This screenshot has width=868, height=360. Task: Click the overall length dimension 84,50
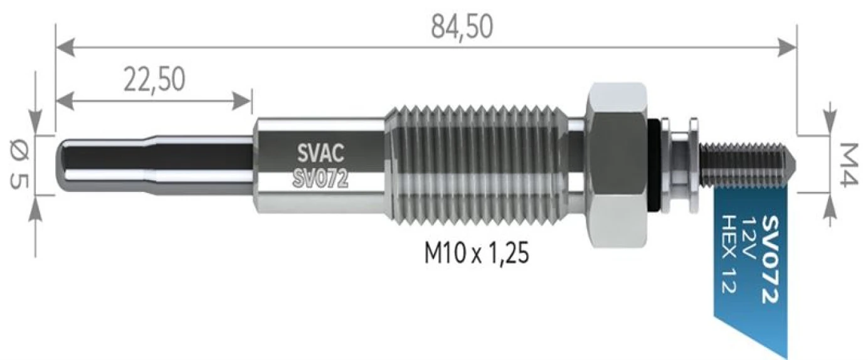[x=462, y=26]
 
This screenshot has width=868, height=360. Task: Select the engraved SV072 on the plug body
[x=320, y=178]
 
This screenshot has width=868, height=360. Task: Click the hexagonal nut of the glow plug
[x=616, y=164]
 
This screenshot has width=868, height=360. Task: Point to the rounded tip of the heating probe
[x=66, y=164]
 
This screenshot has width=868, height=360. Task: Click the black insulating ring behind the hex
[x=655, y=164]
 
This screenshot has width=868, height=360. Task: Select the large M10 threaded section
[x=480, y=164]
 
